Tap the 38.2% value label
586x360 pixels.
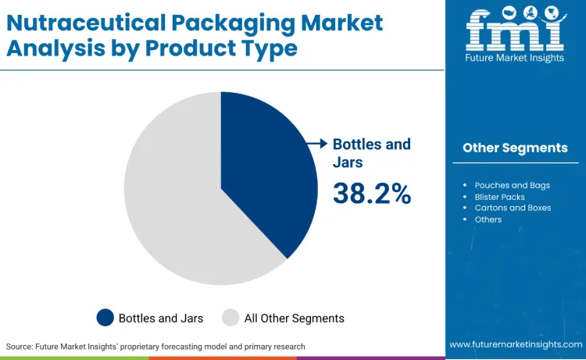(372, 193)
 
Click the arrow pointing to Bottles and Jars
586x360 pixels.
(316, 144)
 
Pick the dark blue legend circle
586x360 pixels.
(105, 318)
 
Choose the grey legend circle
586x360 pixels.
(230, 318)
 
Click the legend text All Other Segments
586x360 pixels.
(294, 318)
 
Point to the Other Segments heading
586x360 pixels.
(515, 148)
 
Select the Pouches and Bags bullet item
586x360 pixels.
(512, 185)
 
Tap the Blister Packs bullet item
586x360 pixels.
(499, 197)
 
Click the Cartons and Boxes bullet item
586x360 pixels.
(513, 208)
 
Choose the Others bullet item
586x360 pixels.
(488, 219)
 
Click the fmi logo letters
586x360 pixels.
(515, 30)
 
